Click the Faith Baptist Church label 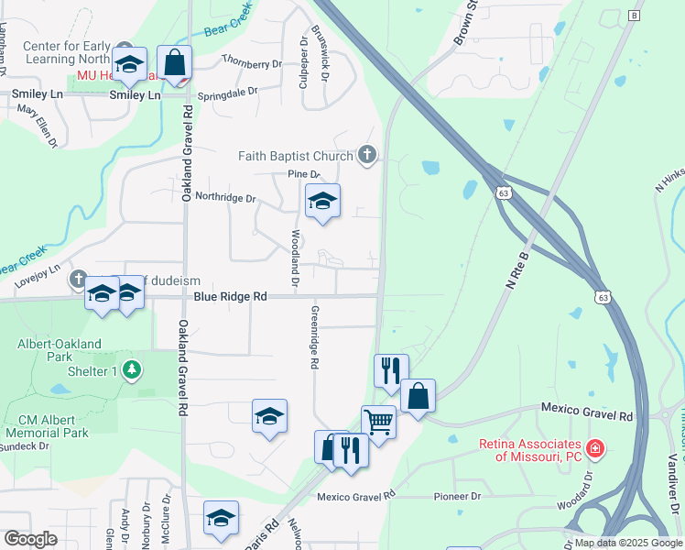coord(296,156)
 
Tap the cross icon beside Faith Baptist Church coord(367,154)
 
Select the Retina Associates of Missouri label coord(530,450)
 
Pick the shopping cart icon coord(378,422)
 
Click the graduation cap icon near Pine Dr coord(322,201)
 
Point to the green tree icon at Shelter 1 coord(134,369)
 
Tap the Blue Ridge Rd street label coord(230,297)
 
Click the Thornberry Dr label coord(252,64)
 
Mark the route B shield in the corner coord(634,16)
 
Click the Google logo coord(30,539)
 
